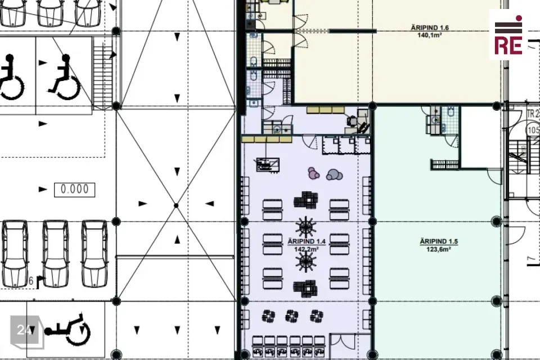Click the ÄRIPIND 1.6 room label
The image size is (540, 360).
(430, 28)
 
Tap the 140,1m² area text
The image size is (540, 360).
(430, 35)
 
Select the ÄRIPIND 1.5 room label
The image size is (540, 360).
(439, 241)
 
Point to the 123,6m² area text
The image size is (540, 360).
(439, 249)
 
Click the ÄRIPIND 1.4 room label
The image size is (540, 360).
(307, 241)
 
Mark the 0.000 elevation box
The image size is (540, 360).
(74, 190)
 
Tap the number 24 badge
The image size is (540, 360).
(25, 330)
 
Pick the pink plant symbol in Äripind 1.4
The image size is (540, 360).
(313, 173)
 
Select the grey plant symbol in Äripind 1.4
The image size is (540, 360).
(334, 175)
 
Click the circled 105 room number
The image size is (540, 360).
(533, 130)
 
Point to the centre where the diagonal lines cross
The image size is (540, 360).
(176, 205)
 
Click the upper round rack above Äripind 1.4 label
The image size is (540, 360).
(306, 227)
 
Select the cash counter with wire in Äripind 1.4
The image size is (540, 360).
(268, 165)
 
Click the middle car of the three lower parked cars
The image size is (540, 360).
(56, 254)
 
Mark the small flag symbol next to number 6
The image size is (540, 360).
(40, 282)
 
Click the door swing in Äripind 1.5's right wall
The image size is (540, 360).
(495, 177)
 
